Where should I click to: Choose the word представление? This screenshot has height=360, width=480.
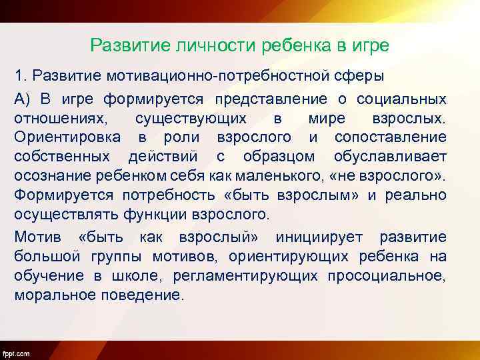pyautogui.click(x=271, y=99)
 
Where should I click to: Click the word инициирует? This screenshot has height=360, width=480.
pyautogui.click(x=323, y=238)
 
